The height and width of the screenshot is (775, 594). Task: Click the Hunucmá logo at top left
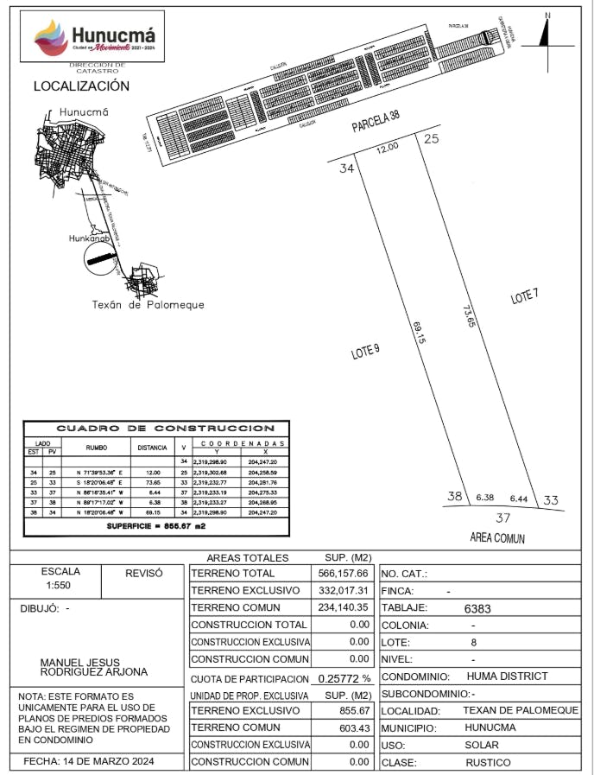tap(95, 39)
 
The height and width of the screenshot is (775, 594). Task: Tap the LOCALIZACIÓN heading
tap(81, 86)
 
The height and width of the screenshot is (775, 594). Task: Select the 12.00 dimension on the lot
tap(388, 148)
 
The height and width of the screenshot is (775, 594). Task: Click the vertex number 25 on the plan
tap(432, 138)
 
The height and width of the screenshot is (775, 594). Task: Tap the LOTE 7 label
tap(524, 296)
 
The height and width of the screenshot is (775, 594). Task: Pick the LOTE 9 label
tap(365, 351)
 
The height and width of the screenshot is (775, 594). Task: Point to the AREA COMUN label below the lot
tap(497, 538)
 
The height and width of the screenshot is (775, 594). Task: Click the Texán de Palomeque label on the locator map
tap(148, 305)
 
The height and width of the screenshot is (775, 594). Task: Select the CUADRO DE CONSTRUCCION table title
tap(166, 429)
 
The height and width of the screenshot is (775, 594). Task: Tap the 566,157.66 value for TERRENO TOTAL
tap(344, 573)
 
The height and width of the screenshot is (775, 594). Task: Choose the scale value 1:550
tap(60, 585)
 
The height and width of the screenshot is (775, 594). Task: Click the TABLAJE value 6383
tap(477, 608)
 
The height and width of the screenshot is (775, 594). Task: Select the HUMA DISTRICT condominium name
tap(507, 677)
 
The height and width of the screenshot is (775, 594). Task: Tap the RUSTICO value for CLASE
tap(488, 763)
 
